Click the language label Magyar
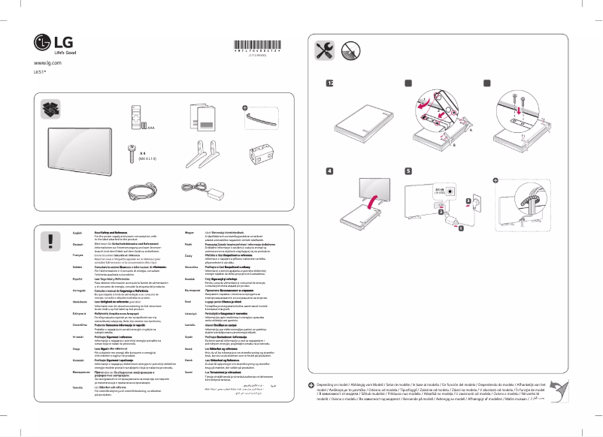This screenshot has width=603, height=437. [190, 235]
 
